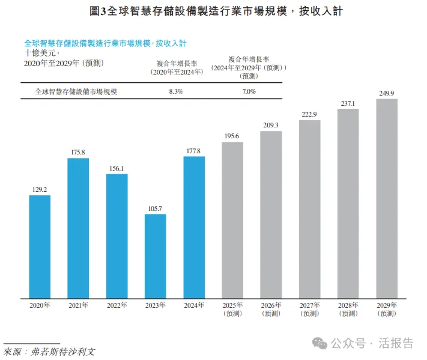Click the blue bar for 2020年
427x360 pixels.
[40, 246]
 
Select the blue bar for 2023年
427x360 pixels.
[155, 256]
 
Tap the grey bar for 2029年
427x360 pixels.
[387, 198]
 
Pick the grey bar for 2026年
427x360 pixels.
[271, 214]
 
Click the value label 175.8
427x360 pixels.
[78, 153]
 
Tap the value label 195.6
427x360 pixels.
[232, 136]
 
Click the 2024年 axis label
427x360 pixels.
[193, 305]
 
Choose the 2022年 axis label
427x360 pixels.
[117, 305]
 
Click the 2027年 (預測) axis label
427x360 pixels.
[309, 309]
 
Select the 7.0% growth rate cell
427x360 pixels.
[249, 92]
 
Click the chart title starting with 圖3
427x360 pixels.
[213, 11]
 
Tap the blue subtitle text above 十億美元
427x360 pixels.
[105, 43]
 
